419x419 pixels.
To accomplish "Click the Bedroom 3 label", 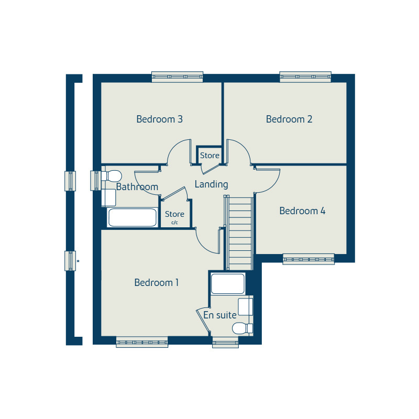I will point(159,119).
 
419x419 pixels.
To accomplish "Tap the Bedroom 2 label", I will point(289,119).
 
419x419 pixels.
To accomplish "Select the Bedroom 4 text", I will point(302,211).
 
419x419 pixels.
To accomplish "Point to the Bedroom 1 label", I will point(157,283).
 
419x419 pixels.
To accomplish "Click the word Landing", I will point(211,184).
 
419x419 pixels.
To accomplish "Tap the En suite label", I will point(220,315).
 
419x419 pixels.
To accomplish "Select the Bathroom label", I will point(137,187).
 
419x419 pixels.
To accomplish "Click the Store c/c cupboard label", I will point(174,216).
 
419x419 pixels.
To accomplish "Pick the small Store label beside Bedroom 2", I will point(210,156).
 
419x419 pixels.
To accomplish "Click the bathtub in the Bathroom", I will point(132,217).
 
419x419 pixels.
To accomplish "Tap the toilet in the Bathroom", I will point(111,175).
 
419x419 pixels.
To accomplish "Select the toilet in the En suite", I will point(242,328).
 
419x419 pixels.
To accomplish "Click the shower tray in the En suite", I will point(227,283).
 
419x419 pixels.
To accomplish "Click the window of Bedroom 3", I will point(177,77).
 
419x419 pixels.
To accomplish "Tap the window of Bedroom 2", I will point(305,77).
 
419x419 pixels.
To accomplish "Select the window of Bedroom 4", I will point(308,259).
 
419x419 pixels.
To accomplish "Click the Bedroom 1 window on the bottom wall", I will point(142,342).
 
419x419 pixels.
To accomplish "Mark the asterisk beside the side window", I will point(78,261).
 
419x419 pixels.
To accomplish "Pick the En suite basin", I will point(245,306).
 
